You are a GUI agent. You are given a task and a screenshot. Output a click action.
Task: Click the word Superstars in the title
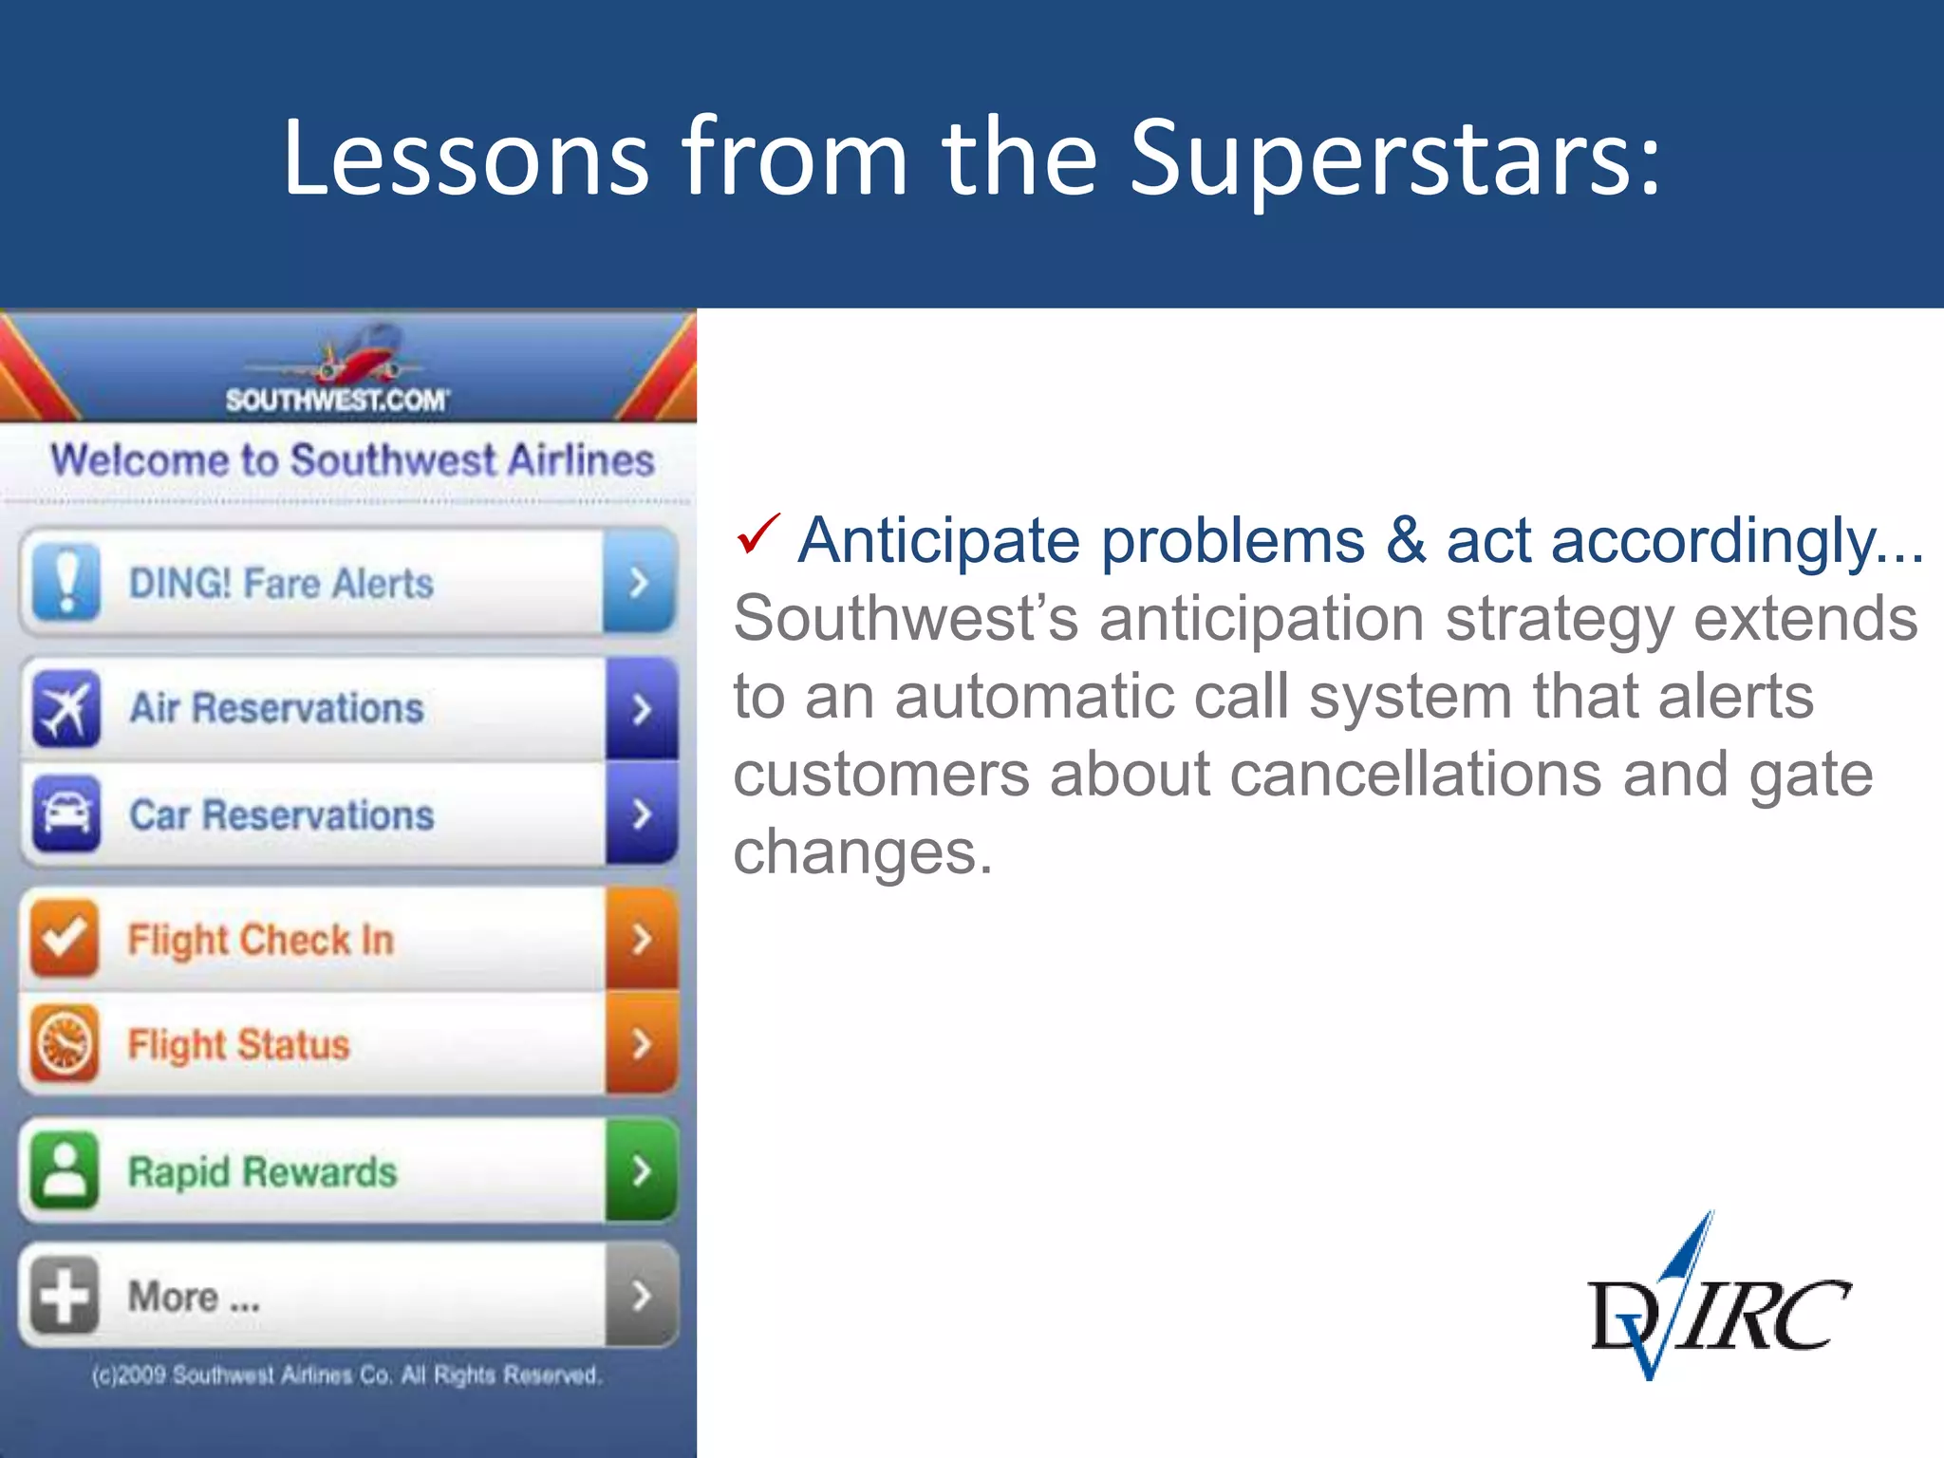1395,159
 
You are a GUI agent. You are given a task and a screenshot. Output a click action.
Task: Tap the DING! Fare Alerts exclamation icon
65,582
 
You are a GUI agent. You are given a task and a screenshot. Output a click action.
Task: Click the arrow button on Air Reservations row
642,708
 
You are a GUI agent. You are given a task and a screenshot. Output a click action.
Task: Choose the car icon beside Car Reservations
65,813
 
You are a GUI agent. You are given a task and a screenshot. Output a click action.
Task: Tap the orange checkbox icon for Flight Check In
65,939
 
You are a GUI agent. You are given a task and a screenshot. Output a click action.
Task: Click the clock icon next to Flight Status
65,1044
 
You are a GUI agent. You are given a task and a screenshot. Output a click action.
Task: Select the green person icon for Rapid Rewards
65,1170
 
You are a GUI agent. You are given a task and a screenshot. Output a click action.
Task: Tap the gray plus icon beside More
65,1296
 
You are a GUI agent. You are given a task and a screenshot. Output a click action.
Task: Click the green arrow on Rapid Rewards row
642,1170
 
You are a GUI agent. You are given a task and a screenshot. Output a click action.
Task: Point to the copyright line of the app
346,1375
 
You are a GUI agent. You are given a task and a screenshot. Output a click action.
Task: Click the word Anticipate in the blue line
939,541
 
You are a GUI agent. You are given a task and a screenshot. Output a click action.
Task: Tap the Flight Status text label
239,1045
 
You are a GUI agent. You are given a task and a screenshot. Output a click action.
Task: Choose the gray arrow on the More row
642,1296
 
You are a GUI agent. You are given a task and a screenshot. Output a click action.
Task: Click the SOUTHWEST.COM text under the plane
337,401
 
